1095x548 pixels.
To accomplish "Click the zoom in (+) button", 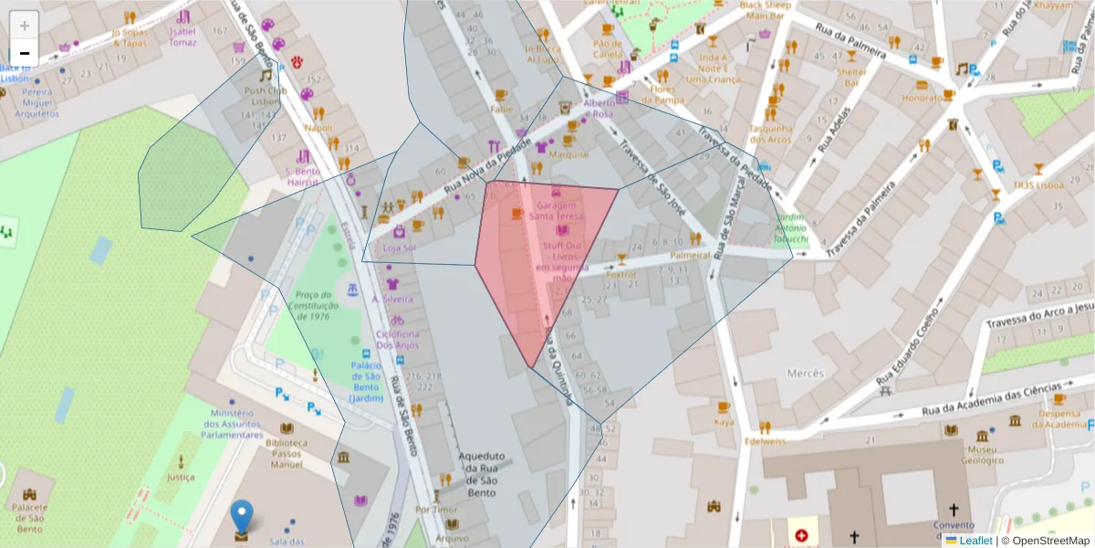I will pyautogui.click(x=24, y=25).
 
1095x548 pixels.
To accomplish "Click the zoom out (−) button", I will pyautogui.click(x=24, y=53).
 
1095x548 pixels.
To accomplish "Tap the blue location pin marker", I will pyautogui.click(x=241, y=516).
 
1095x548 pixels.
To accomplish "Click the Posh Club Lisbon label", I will pyautogui.click(x=266, y=96).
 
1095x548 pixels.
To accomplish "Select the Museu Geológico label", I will pyautogui.click(x=982, y=455).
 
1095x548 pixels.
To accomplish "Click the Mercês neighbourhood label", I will pyautogui.click(x=804, y=374).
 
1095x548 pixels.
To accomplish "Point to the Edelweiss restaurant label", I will pyautogui.click(x=765, y=441).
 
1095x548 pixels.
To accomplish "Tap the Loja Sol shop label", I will pyautogui.click(x=399, y=248).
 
